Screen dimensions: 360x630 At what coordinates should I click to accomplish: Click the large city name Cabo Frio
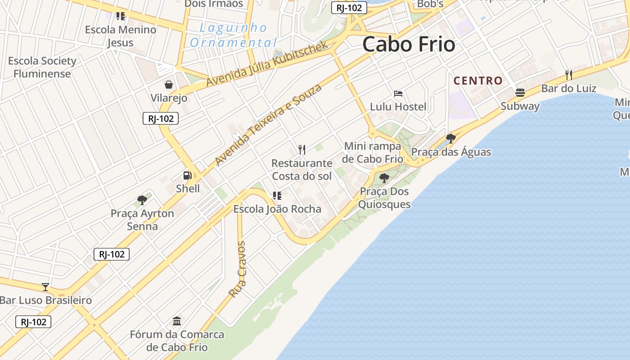(x=409, y=45)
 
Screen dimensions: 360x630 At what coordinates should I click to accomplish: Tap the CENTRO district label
(x=478, y=81)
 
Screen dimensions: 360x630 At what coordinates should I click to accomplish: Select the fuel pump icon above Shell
(x=187, y=175)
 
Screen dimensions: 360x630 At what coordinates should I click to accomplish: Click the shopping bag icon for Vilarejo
(x=169, y=85)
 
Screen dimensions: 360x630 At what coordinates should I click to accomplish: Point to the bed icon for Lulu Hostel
(x=398, y=94)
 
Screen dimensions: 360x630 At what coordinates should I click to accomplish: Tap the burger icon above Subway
(x=520, y=93)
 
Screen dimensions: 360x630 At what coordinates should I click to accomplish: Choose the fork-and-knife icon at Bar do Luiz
(x=569, y=75)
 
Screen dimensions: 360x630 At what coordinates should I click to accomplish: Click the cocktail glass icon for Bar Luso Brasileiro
(x=45, y=287)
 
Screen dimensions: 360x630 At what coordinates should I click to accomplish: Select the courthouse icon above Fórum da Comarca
(x=177, y=321)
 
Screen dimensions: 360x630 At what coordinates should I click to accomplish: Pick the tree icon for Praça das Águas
(x=450, y=138)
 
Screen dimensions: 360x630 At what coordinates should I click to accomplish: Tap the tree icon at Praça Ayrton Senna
(x=142, y=200)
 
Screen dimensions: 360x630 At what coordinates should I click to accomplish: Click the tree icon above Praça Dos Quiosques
(x=384, y=178)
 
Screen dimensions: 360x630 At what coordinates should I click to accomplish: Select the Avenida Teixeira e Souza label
(x=268, y=125)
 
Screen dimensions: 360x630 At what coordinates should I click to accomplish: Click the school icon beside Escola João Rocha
(x=277, y=195)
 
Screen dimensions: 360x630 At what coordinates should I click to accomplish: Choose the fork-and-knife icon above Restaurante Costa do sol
(x=302, y=149)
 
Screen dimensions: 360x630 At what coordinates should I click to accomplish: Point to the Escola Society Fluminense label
(x=42, y=67)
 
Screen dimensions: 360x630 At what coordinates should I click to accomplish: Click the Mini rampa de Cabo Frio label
(x=373, y=153)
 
